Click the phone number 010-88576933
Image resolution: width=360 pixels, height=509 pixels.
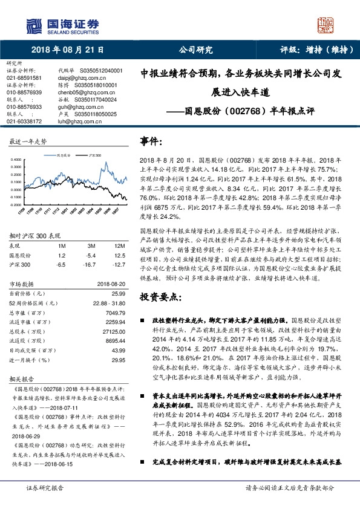pos(24,106)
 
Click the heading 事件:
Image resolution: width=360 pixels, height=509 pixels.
pos(151,141)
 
